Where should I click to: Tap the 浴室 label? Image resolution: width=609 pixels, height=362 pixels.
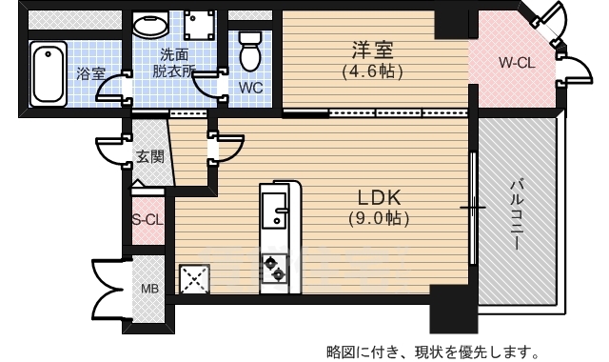91,73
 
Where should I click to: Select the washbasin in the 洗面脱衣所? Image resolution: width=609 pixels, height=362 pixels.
149,27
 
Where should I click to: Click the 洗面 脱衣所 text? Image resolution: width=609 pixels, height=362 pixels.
174,62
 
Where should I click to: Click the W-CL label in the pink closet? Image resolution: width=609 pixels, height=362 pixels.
520,63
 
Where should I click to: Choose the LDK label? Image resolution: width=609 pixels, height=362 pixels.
381,197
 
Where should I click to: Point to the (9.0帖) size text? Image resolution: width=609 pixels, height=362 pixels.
381,218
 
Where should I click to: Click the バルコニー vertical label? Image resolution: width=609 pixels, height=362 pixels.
517,214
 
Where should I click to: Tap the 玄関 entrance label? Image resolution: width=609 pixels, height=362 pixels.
149,156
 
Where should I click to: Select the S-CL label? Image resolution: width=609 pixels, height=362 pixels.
147,220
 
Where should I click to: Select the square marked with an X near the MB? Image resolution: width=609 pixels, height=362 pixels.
195,278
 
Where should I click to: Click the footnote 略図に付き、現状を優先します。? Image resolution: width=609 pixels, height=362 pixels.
438,347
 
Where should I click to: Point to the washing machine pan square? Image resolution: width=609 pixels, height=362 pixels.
202,26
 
